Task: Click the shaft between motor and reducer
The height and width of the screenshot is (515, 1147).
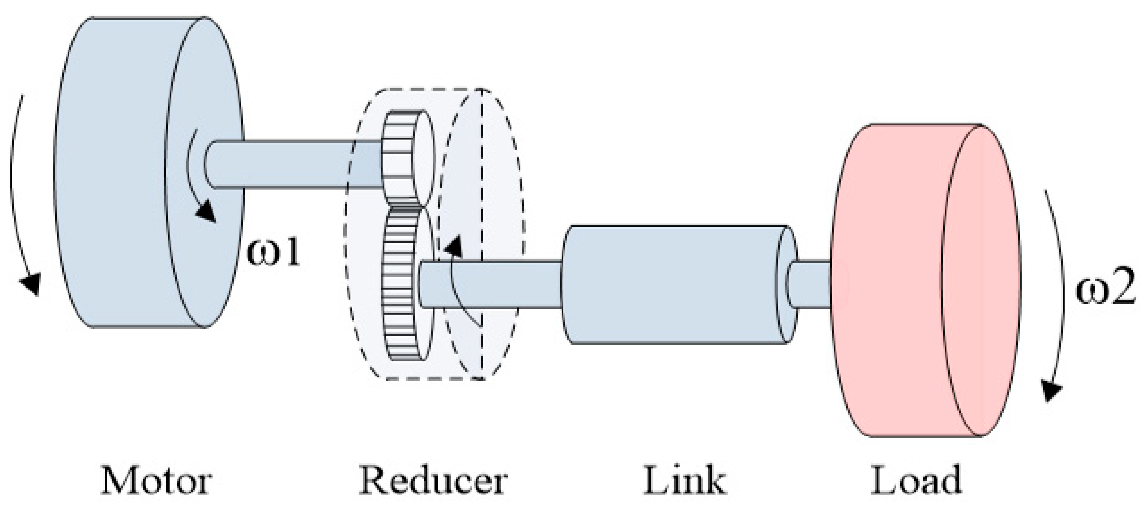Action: (289, 164)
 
